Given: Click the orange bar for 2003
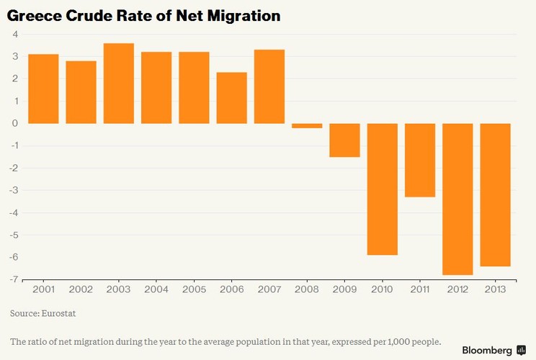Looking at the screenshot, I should (118, 84).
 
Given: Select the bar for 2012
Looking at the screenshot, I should (457, 199).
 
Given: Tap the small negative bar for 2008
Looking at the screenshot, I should (307, 125).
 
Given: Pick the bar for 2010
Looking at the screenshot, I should (383, 189).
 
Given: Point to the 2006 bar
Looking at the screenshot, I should (231, 98).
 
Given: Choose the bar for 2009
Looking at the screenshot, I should (344, 140).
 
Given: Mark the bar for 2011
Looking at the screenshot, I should (420, 160).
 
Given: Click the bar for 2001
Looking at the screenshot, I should (43, 89).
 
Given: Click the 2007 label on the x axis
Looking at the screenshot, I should (269, 289).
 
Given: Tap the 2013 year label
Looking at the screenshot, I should (495, 289).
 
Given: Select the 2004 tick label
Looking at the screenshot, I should (156, 289).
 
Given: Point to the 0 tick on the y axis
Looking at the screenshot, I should (14, 123).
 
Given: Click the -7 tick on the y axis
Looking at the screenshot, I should (13, 279).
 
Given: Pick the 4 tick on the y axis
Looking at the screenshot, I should (14, 35).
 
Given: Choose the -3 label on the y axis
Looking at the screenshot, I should (13, 190).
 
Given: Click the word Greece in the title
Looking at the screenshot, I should (34, 15).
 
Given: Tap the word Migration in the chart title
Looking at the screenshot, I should (243, 15).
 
